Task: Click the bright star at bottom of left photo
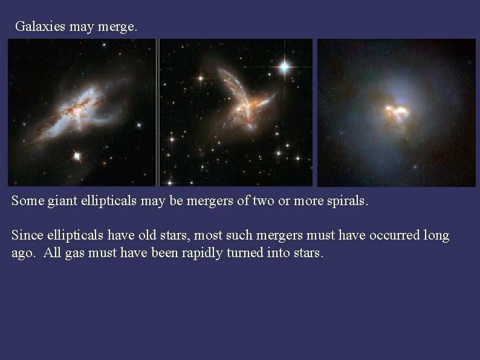click(77, 156)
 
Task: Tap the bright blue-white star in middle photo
click(284, 66)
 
